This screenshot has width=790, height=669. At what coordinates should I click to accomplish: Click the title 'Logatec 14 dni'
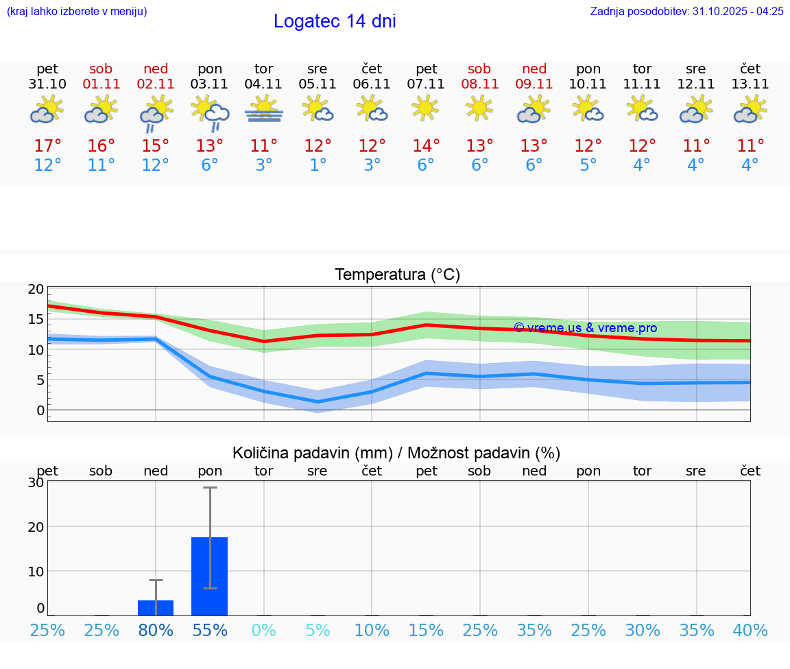[x=335, y=21]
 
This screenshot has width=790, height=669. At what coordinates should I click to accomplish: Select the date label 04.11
[x=263, y=84]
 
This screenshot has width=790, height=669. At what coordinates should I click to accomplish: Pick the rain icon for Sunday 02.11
[x=156, y=110]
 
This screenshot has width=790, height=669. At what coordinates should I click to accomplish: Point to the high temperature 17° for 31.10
[x=47, y=146]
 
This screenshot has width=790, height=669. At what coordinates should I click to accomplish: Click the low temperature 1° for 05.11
[x=318, y=165]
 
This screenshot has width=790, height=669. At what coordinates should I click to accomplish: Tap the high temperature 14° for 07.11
[x=426, y=146]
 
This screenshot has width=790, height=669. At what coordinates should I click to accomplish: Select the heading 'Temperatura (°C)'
[x=397, y=275]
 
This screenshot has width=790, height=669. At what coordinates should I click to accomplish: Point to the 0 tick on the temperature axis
[x=40, y=410]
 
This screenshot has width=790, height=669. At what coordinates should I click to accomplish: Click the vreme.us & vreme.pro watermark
[x=585, y=328]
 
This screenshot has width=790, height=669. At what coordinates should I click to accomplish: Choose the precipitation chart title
[x=396, y=453]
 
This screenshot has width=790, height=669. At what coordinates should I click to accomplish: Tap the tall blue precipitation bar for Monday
[x=210, y=576]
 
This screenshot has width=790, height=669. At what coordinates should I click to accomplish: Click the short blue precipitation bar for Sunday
[x=156, y=608]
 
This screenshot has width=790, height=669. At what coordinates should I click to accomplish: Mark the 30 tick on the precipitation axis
[x=36, y=482]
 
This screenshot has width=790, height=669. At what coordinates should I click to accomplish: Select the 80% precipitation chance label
[x=156, y=630]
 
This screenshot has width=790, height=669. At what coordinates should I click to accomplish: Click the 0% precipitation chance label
[x=263, y=630]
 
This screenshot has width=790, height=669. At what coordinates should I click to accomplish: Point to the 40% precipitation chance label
[x=750, y=630]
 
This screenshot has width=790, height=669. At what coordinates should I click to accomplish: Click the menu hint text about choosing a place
[x=77, y=12]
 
